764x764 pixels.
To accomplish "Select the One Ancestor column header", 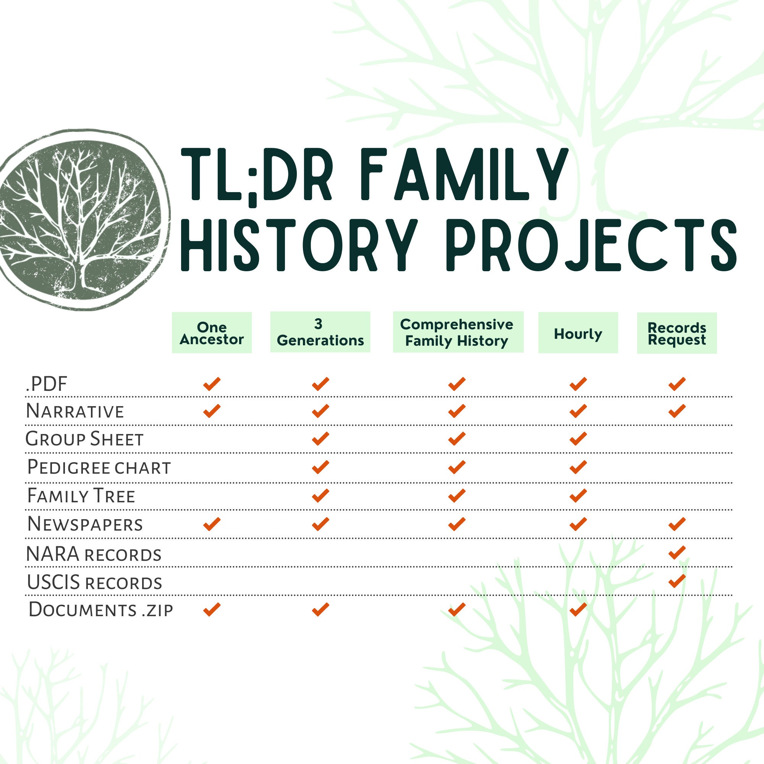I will click(212, 333).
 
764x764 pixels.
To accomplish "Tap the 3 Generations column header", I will click(320, 332).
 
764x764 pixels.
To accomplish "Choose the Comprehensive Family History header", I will click(458, 332).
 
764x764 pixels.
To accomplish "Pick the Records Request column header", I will click(677, 333).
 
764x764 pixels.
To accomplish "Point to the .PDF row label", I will click(47, 384).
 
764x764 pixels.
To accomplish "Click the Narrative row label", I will click(75, 411).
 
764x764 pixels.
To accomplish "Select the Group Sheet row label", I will click(84, 439).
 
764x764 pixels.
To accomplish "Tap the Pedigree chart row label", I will click(99, 468).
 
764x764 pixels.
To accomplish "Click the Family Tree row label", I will click(81, 496).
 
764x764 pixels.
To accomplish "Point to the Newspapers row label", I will click(85, 524).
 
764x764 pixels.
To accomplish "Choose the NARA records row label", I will click(94, 554).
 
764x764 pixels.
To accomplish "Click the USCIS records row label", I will click(94, 583).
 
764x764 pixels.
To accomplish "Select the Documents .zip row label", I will click(101, 609).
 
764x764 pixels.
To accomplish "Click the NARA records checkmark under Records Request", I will click(677, 552).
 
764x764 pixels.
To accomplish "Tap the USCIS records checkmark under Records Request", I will click(677, 581).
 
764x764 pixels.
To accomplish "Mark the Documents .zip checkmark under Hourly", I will click(578, 609).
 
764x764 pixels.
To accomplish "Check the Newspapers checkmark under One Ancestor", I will click(212, 524).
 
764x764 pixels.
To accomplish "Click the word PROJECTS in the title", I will click(593, 245).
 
